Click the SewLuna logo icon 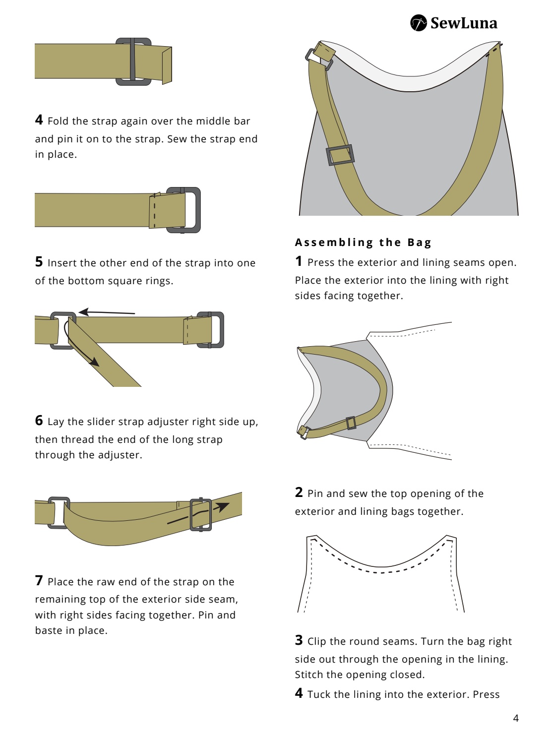(419, 23)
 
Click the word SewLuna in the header (464, 23)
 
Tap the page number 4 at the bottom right (516, 718)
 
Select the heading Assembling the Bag (363, 242)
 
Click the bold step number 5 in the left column (39, 261)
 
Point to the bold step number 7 (39, 580)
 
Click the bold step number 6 (39, 421)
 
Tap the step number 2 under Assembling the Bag (299, 492)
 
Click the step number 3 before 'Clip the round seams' (299, 640)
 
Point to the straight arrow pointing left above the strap (107, 312)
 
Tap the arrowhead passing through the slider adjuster (222, 506)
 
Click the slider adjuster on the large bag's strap (340, 155)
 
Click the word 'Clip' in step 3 (316, 641)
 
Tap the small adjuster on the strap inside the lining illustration (351, 423)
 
